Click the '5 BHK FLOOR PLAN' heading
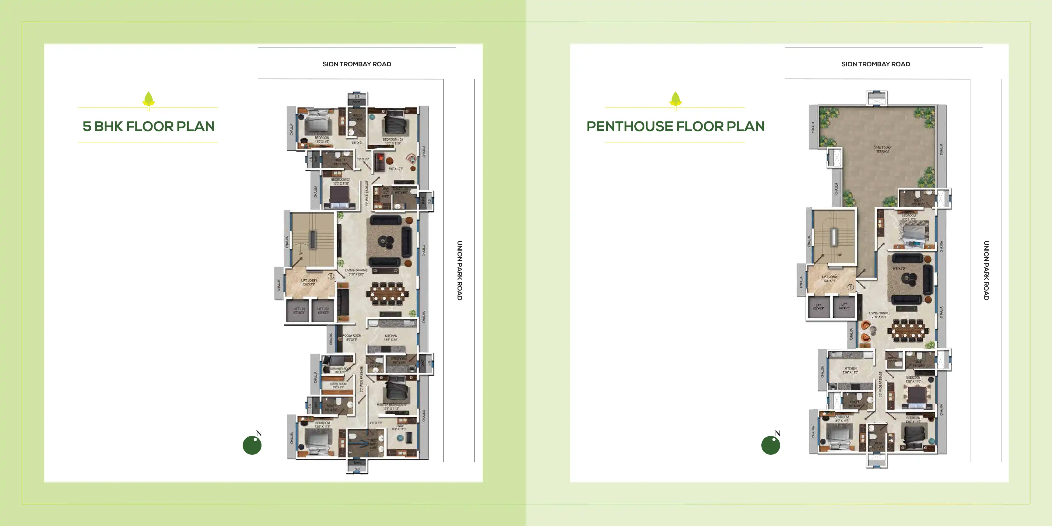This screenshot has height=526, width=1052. [x=148, y=126]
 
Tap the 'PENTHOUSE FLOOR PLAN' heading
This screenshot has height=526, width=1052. [x=675, y=126]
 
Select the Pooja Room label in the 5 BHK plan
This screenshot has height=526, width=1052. [x=351, y=337]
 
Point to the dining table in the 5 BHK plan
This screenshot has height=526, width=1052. [x=387, y=293]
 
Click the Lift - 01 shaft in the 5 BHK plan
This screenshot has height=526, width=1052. [x=299, y=311]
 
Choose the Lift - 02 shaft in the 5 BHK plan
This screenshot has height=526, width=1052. [x=323, y=311]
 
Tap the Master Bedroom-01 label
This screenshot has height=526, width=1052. [x=392, y=406]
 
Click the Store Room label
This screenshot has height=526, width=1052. [x=338, y=385]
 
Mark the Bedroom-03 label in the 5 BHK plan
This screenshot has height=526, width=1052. [x=340, y=181]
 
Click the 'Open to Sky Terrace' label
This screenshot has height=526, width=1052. [x=882, y=149]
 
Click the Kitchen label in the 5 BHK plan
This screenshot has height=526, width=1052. [x=391, y=337]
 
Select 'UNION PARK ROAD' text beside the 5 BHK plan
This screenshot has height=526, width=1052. [x=459, y=270]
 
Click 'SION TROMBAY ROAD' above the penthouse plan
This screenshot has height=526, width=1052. [x=875, y=64]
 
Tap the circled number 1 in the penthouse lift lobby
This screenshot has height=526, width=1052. [x=851, y=287]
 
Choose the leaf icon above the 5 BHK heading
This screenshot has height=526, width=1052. [x=148, y=99]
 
